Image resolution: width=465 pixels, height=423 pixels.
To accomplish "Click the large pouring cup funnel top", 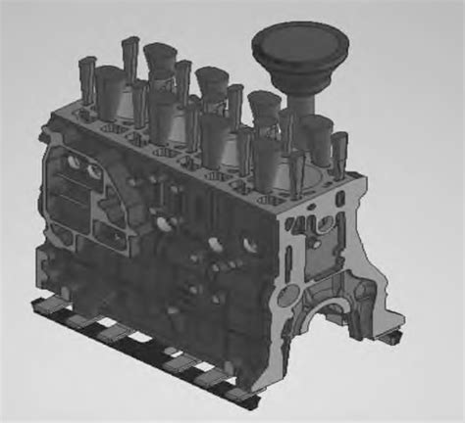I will (287, 44).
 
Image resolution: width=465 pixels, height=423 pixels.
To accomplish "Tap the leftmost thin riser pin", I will (86, 78).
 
